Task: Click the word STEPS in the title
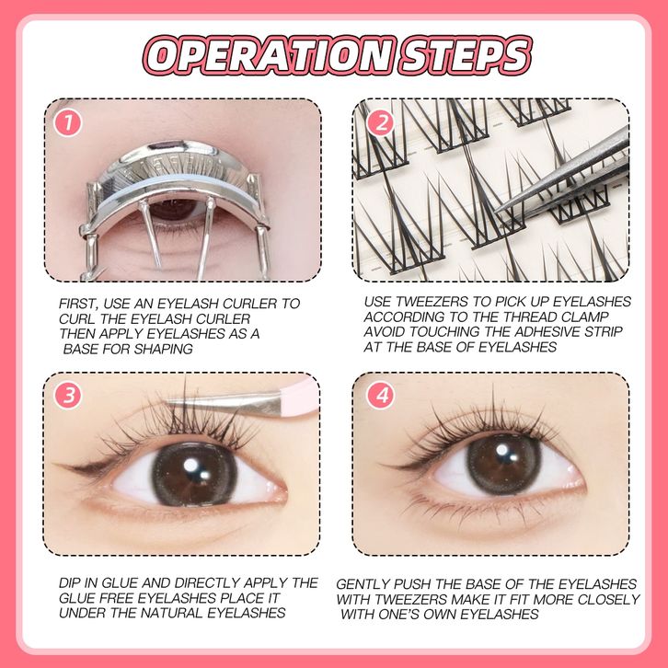coord(465,56)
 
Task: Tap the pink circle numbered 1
coord(68,123)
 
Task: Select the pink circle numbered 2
coord(380,122)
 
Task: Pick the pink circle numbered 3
coord(68,395)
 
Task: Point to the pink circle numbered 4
coord(381,395)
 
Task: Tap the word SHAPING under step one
coord(164,350)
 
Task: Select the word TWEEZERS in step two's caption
coord(432,302)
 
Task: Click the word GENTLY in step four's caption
coord(363,584)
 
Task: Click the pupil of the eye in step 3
coord(194,474)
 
